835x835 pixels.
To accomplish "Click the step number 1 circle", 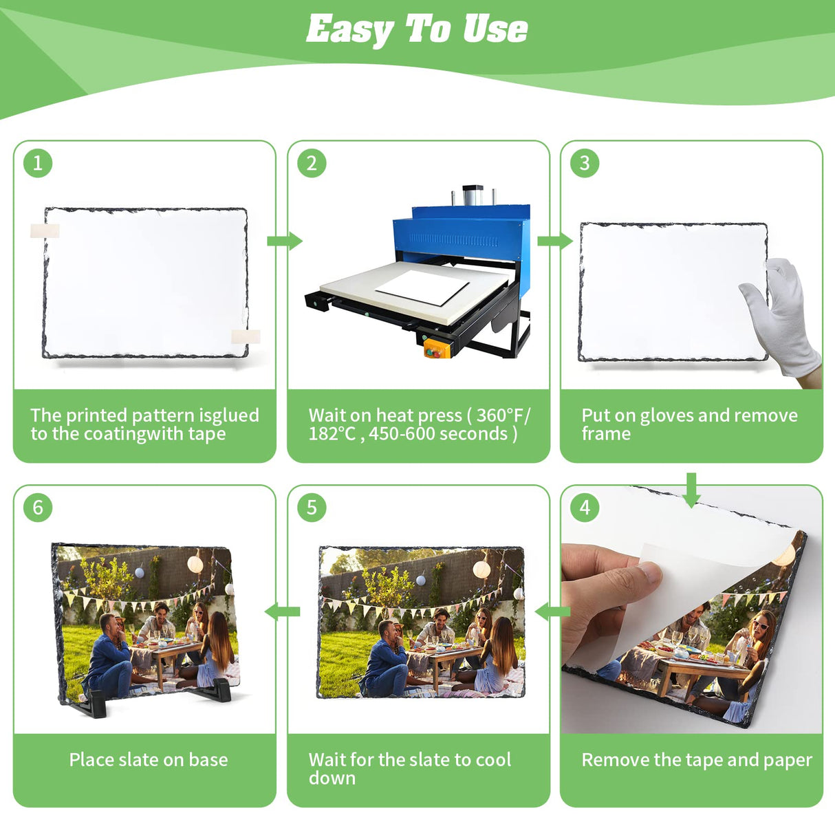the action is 38,164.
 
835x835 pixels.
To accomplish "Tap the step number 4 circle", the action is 585,508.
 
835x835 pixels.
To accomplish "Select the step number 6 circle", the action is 38,508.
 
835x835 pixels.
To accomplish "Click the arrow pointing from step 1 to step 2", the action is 285,241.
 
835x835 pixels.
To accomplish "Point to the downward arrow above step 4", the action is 691,490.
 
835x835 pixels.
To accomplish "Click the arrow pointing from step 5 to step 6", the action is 282,611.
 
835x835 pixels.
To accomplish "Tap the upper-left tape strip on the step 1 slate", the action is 45,231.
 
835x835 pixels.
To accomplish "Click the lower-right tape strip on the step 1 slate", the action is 246,337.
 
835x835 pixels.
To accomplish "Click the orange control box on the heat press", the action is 437,347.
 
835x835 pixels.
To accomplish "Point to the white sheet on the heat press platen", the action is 422,287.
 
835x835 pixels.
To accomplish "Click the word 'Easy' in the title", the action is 349,30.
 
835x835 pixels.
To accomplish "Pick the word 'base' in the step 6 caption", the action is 208,759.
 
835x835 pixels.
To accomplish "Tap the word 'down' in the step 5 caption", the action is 332,778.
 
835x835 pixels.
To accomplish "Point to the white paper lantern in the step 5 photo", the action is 481,570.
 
